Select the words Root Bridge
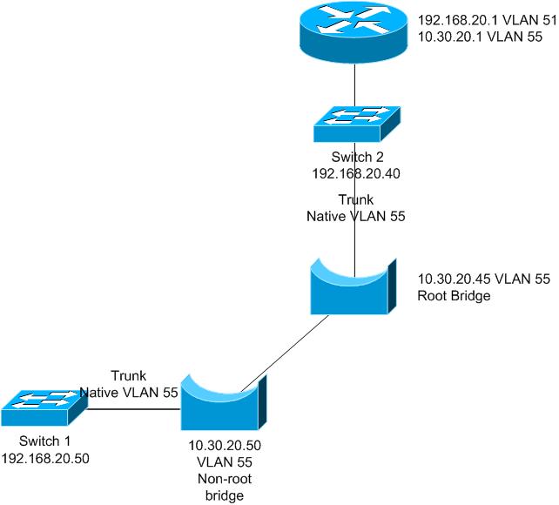coord(455,296)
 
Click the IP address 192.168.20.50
coord(45,457)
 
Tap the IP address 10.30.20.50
coord(225,444)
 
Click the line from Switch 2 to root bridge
coord(355,239)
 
